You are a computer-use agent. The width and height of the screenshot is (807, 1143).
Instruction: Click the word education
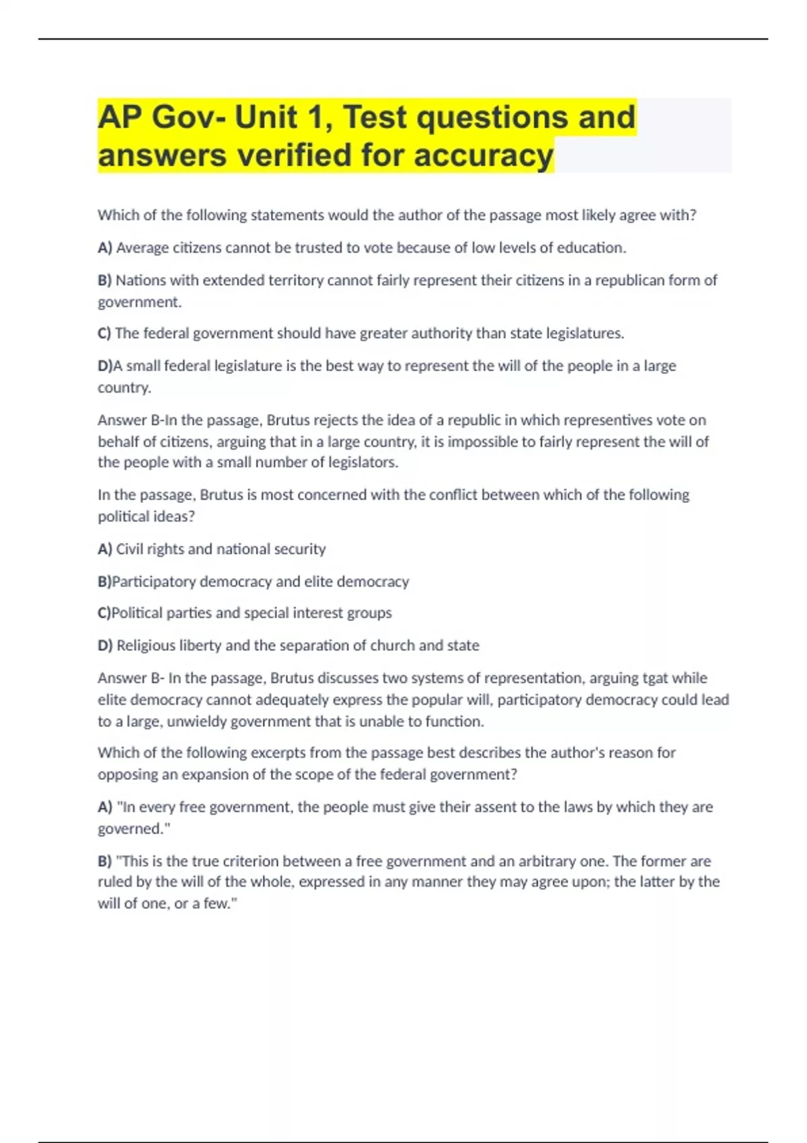(x=591, y=248)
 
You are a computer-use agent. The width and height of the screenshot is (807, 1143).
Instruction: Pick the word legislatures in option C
(x=584, y=333)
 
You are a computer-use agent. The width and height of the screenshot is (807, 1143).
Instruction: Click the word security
(x=299, y=549)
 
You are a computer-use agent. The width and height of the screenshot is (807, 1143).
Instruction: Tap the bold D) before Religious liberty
(x=105, y=645)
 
